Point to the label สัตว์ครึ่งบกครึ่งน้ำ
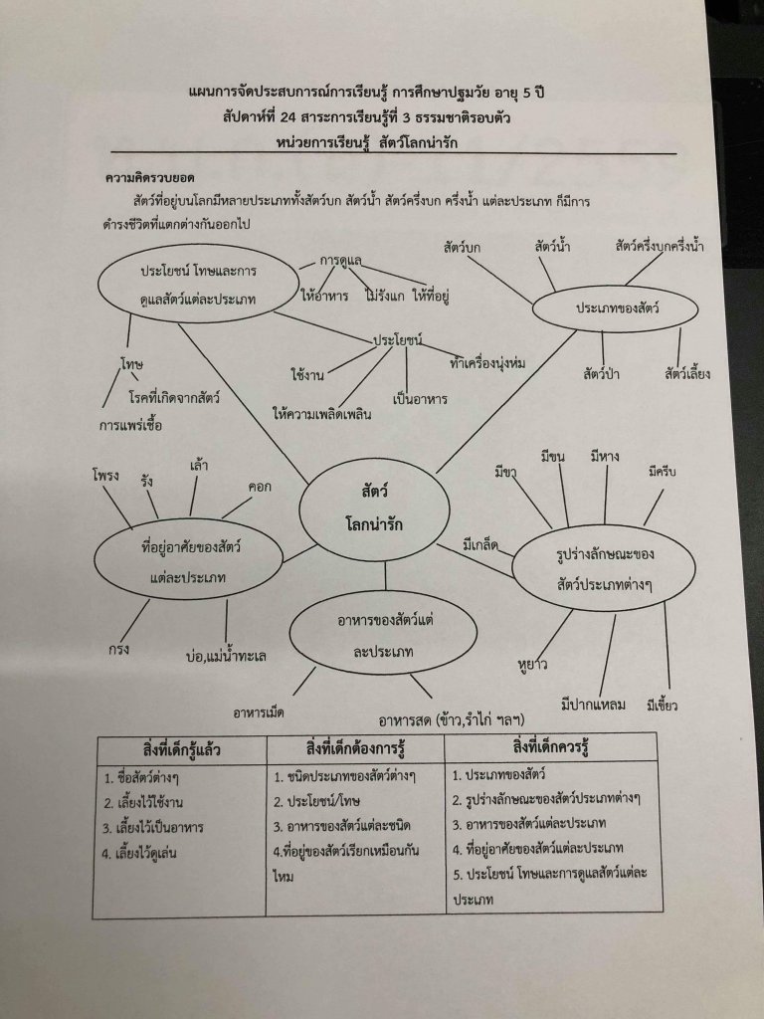[x=660, y=246]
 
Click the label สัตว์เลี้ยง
[x=687, y=375]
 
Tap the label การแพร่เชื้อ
[x=132, y=425]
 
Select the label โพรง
[x=105, y=475]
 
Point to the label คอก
[x=261, y=487]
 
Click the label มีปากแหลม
[x=593, y=705]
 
